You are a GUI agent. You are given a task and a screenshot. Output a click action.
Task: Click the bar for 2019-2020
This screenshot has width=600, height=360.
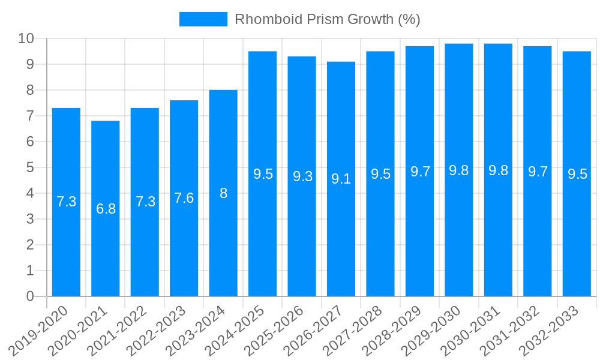pos(66,202)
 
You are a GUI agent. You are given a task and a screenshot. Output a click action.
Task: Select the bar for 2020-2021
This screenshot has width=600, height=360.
pos(106,209)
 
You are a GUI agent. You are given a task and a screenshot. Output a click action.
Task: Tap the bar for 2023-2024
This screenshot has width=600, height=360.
pos(223,193)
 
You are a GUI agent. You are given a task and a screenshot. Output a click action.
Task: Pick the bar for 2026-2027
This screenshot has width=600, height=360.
pos(341,179)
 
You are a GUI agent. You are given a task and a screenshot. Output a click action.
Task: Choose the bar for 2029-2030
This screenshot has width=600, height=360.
pos(459,170)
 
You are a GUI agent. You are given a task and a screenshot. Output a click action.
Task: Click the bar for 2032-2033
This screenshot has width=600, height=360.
pos(577,174)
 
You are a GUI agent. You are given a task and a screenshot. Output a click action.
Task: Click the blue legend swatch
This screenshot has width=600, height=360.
pos(203,19)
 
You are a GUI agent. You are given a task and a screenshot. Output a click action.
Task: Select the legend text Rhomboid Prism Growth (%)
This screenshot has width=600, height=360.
pos(327,19)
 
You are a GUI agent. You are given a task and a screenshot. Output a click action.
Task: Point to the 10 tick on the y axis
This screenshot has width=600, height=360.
pos(26,39)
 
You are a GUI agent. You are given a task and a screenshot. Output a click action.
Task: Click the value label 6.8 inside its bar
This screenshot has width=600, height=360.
pos(106,209)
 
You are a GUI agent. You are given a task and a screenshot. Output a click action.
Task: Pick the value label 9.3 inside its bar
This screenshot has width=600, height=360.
pos(302,176)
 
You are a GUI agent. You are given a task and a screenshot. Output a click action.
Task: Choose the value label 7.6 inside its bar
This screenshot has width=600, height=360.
pos(184,198)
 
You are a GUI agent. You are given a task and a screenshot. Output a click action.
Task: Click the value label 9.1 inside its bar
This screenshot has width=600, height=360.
pos(341,179)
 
